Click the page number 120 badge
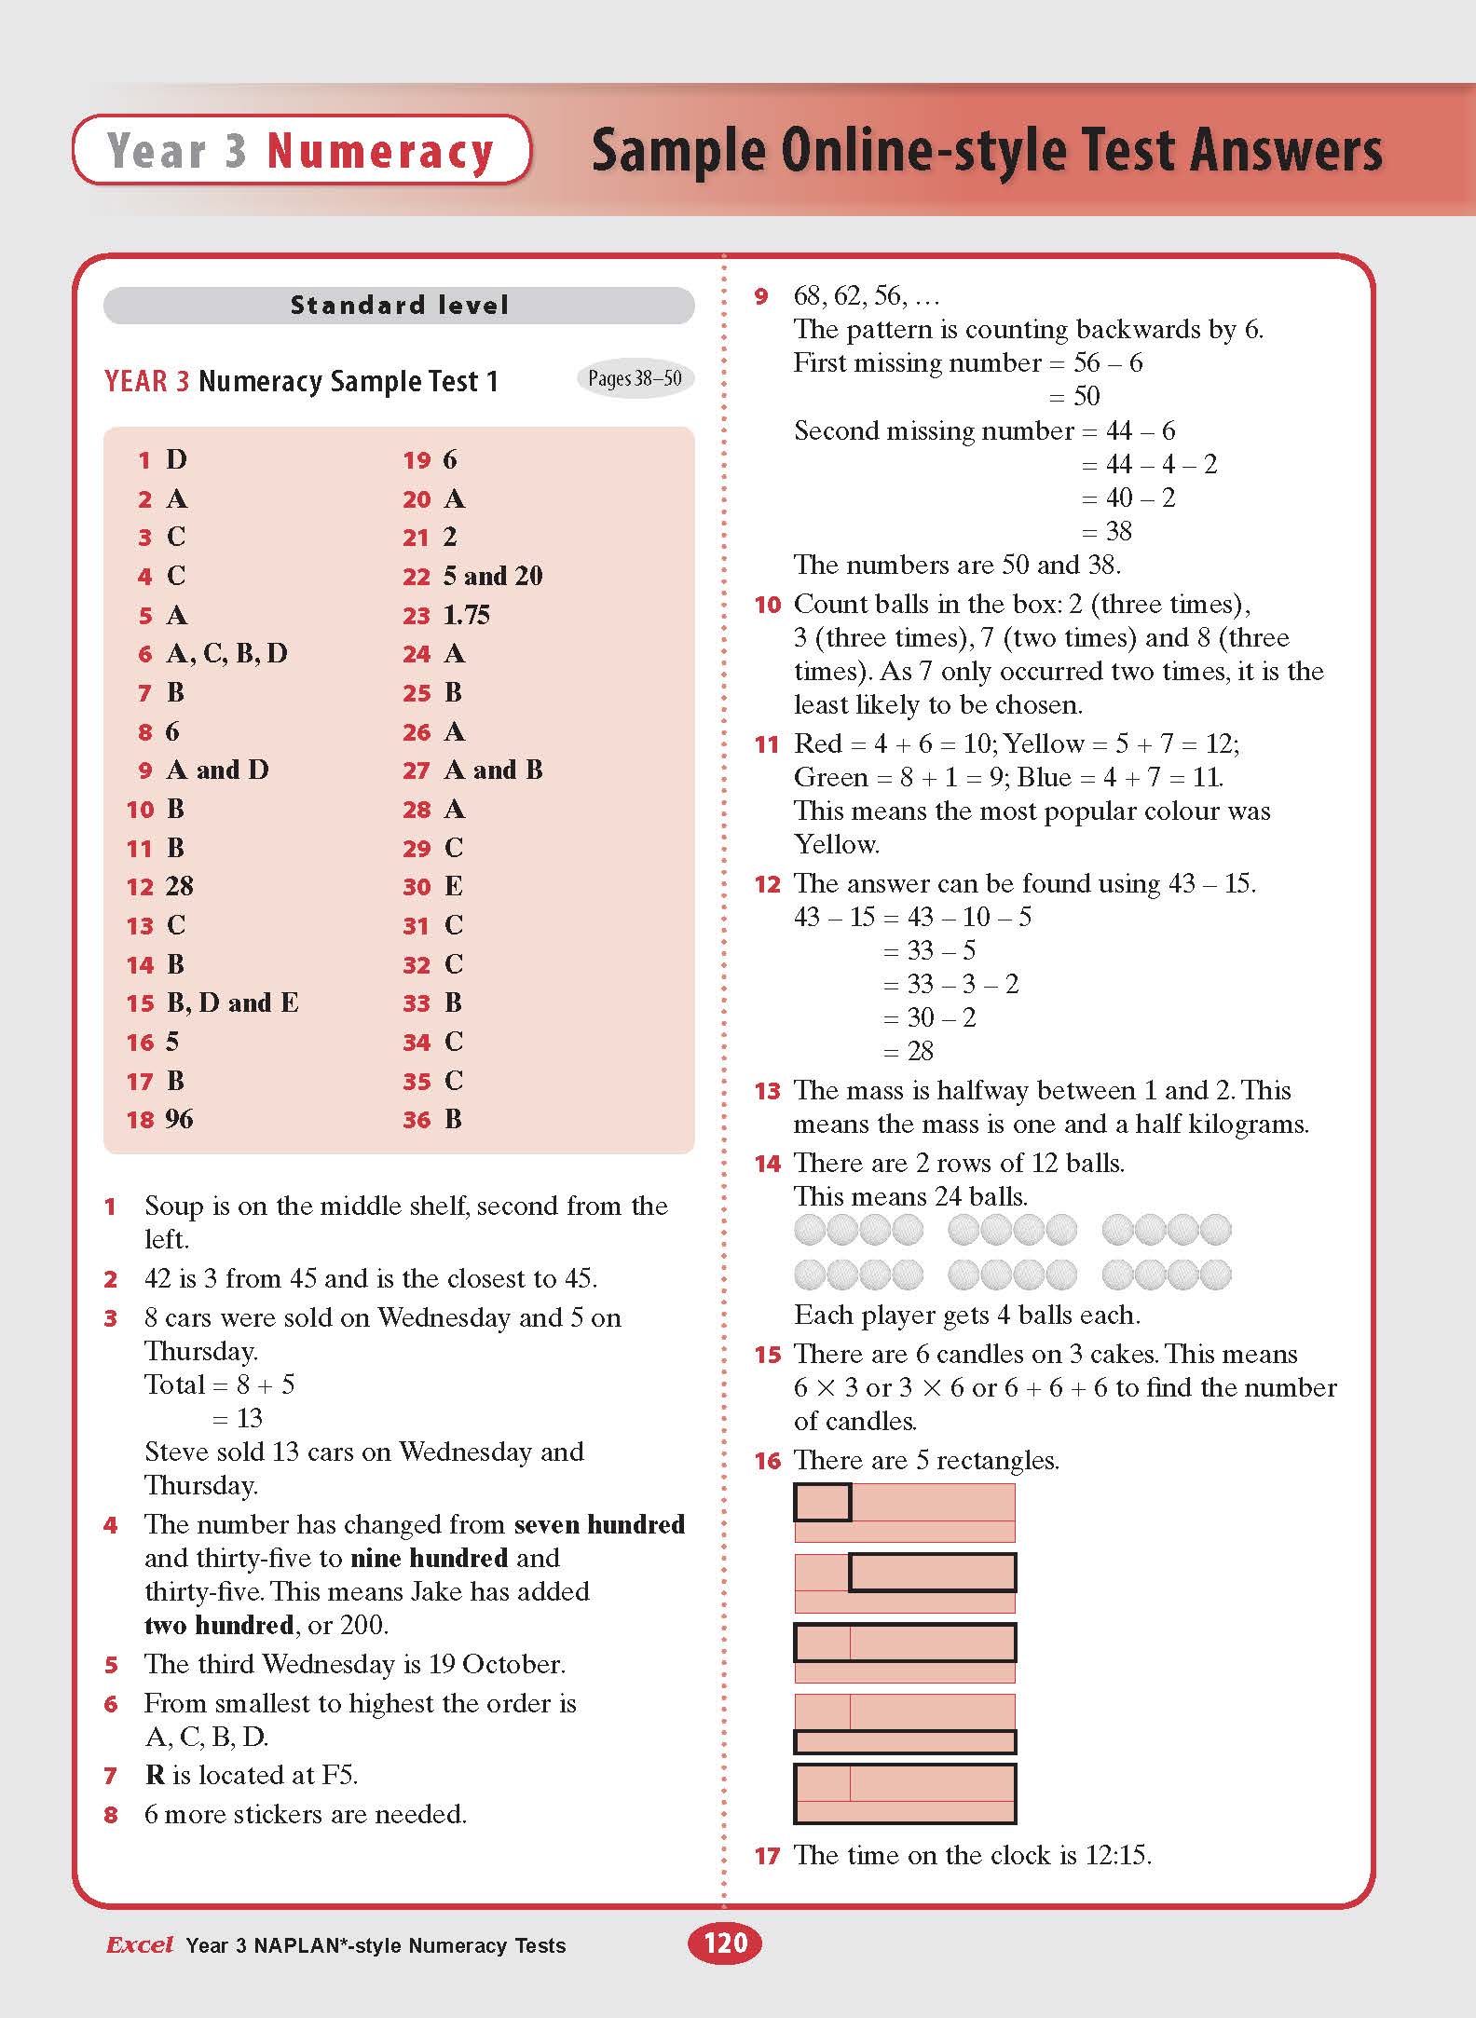(x=725, y=1943)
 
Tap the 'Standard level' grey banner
(x=399, y=306)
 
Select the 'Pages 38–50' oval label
(x=635, y=378)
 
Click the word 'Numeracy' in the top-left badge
(x=380, y=151)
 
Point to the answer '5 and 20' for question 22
(x=493, y=576)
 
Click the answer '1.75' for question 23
(x=467, y=615)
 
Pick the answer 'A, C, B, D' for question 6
(x=226, y=654)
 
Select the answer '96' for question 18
(x=179, y=1119)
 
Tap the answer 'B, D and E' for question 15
(x=232, y=1003)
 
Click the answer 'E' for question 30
(x=454, y=886)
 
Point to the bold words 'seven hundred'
(x=599, y=1524)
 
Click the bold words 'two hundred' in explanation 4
(x=219, y=1625)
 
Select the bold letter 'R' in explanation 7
(x=155, y=1775)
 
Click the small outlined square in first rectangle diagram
(x=822, y=1502)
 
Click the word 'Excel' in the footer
(x=140, y=1944)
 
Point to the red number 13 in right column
(x=767, y=1091)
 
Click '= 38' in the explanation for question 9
(x=1106, y=531)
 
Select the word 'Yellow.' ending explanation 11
(x=836, y=844)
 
